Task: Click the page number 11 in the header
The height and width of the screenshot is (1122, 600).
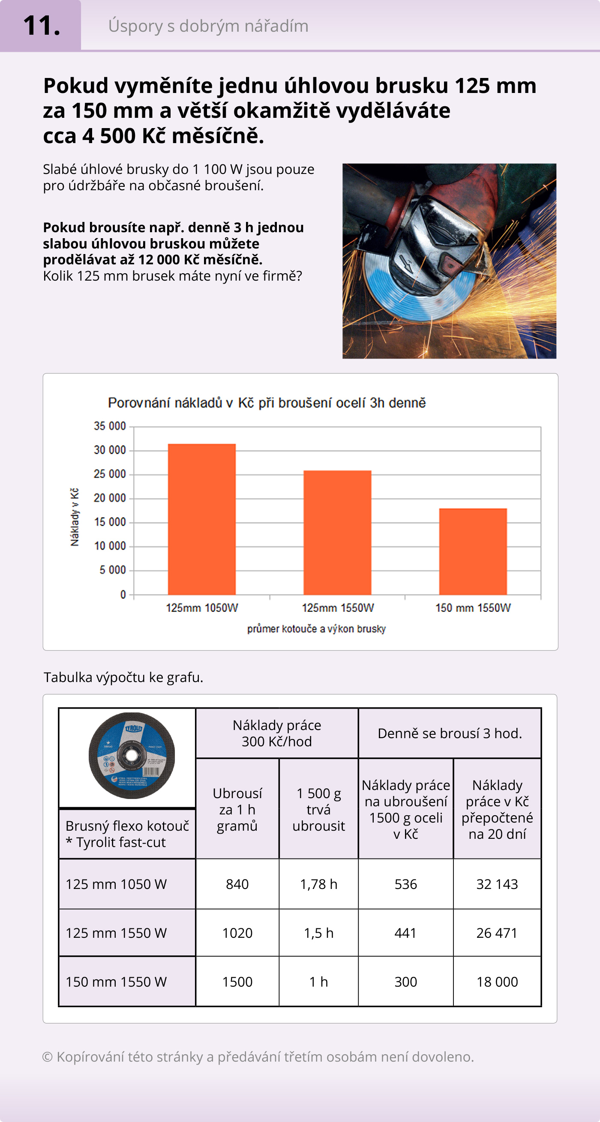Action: coord(41,26)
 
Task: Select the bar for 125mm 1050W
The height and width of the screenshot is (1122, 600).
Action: coord(202,519)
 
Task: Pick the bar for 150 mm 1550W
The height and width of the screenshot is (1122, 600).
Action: coord(473,551)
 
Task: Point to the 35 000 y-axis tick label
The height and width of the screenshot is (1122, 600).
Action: coord(110,426)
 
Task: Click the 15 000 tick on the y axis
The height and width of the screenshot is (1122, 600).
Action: coord(110,522)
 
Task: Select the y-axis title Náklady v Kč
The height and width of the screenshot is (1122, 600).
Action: coord(75,517)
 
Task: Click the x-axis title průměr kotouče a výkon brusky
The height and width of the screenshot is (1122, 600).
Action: coord(316,629)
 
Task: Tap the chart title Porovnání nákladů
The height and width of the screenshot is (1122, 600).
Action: coord(267,403)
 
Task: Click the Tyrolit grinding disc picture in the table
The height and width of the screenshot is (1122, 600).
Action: coord(131,756)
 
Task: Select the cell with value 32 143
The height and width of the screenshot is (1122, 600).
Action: coord(497,884)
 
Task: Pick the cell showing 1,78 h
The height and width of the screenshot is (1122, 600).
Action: coord(318,884)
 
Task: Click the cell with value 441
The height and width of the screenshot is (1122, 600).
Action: coord(406,933)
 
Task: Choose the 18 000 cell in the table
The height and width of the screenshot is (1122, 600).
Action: coord(497,982)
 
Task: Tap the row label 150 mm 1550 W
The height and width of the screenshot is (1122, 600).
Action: coord(116,982)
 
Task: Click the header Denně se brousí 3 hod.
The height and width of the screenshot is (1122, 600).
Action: coord(450,733)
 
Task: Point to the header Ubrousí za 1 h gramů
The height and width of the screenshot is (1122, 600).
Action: coord(237,809)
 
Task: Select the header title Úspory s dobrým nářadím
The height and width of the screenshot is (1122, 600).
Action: coord(208,26)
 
